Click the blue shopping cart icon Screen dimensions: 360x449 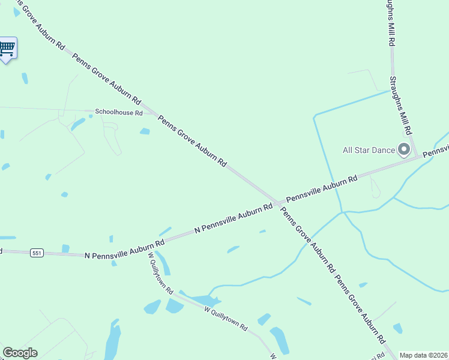click(x=7, y=48)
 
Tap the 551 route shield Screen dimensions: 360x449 click(x=37, y=253)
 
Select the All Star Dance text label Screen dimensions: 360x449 click(x=368, y=150)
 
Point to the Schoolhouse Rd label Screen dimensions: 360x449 click(x=118, y=112)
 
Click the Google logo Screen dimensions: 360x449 click(x=20, y=353)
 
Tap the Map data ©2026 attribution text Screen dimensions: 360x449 click(x=423, y=355)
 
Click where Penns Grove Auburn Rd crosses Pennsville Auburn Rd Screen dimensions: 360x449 click(x=277, y=203)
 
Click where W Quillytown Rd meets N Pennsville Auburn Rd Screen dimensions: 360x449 click(x=148, y=246)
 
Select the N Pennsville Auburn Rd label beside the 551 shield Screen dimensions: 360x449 click(x=124, y=248)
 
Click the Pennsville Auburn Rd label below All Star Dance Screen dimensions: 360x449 click(x=322, y=188)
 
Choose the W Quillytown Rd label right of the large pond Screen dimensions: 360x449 click(x=226, y=319)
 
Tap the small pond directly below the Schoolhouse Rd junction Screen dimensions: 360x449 click(x=145, y=131)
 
